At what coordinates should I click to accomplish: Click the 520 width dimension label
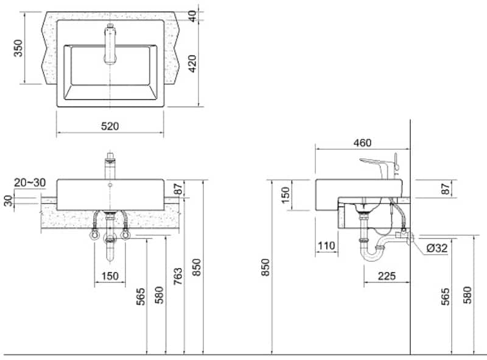pyautogui.click(x=110, y=126)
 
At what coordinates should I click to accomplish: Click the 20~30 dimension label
pyautogui.click(x=28, y=183)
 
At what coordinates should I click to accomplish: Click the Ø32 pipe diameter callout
pyautogui.click(x=438, y=248)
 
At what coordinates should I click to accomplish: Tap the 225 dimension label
pyautogui.click(x=387, y=276)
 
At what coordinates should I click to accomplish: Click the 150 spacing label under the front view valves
pyautogui.click(x=110, y=276)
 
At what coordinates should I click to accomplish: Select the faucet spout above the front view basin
pyautogui.click(x=110, y=165)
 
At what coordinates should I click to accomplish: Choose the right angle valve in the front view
pyautogui.click(x=127, y=233)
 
